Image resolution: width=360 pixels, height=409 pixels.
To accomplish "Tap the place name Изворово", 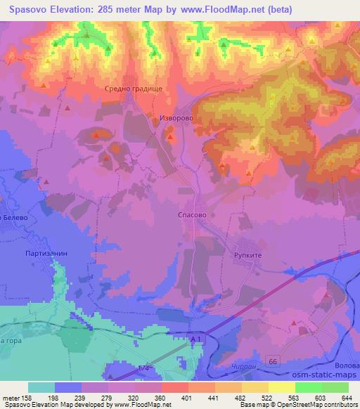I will [x=175, y=119].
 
